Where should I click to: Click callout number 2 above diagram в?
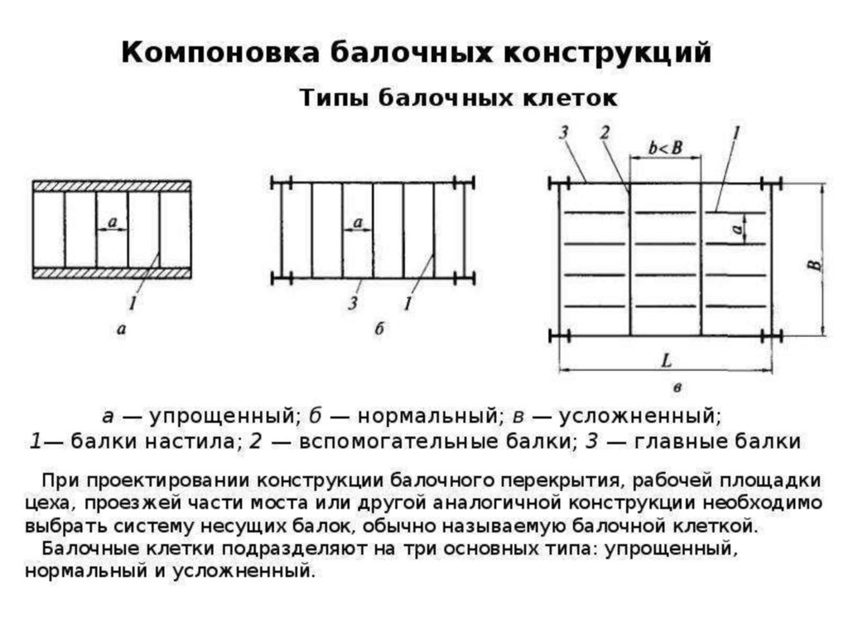click(x=605, y=132)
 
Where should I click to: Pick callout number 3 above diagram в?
click(x=563, y=132)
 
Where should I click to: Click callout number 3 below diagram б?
click(x=353, y=304)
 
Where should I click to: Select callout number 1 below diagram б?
click(x=407, y=304)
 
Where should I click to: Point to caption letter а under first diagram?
click(x=122, y=330)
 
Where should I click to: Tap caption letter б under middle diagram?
click(x=379, y=330)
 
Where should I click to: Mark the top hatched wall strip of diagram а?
click(x=112, y=186)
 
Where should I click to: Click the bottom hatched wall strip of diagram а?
click(x=112, y=272)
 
